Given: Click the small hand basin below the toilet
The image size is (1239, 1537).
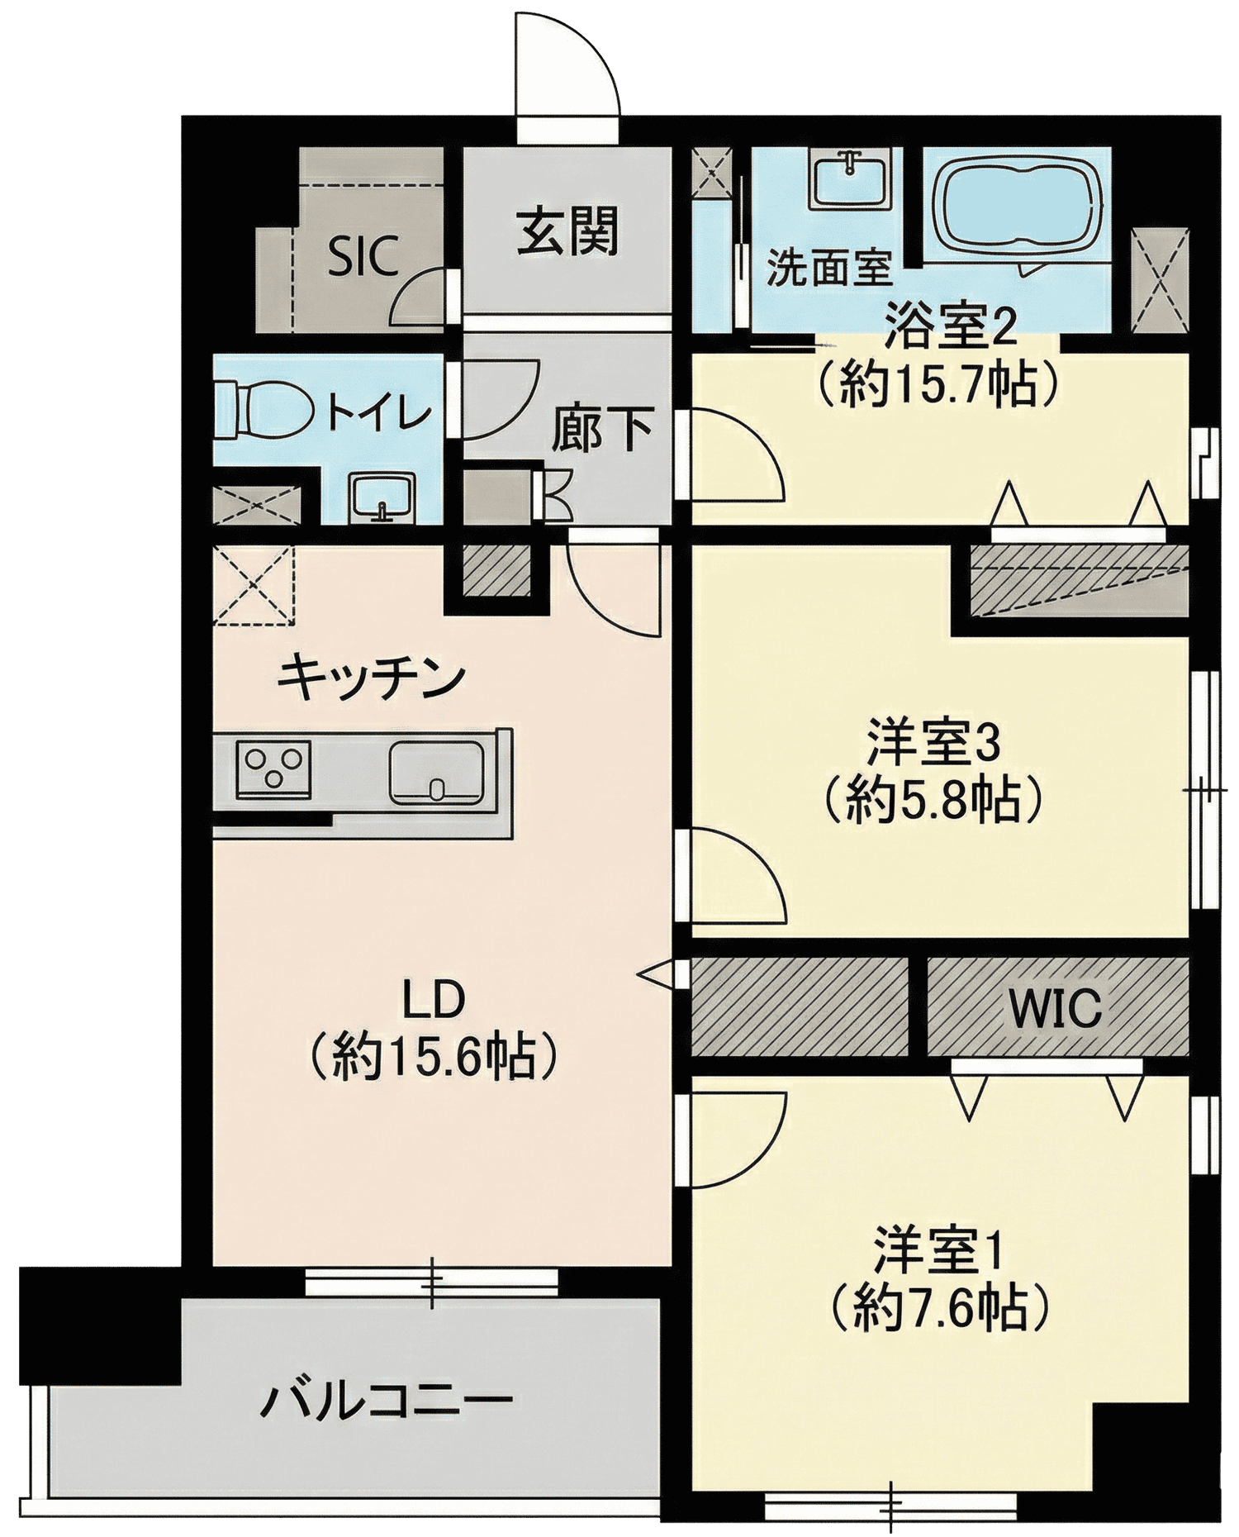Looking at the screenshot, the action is coord(381,497).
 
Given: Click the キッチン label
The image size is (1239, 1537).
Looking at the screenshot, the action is coord(372,678).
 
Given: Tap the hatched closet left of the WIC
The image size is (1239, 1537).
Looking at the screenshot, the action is coord(800,1006).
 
